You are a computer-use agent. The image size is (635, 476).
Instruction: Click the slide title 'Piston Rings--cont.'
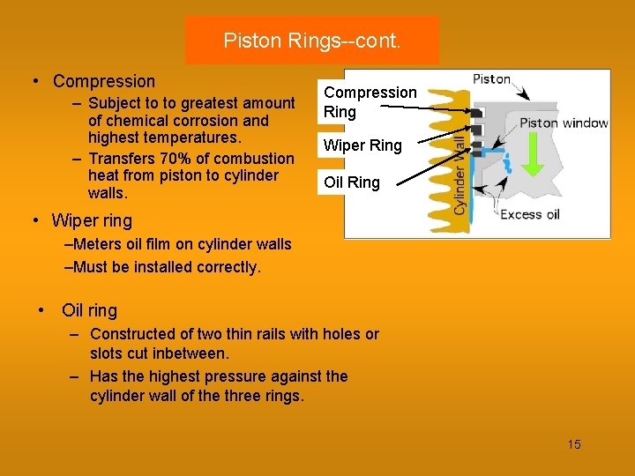311,41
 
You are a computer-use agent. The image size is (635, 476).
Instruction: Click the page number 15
574,444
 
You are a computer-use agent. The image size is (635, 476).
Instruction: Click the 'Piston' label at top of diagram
492,79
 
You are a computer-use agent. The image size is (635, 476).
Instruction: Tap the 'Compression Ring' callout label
370,101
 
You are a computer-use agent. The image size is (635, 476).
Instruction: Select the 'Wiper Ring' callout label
362,145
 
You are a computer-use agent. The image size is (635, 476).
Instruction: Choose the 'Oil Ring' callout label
352,182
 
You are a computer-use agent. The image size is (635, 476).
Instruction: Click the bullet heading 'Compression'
104,81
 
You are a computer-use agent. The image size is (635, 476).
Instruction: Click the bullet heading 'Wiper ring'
92,220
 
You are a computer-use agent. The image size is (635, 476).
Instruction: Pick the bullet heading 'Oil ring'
89,310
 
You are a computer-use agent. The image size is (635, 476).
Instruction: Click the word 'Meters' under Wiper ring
98,244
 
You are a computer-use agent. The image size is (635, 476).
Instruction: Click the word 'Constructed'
133,334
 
